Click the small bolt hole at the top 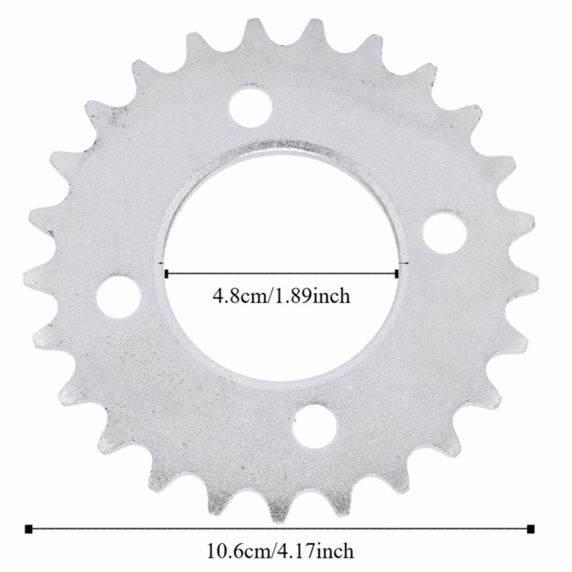coord(251,106)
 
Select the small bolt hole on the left coord(119,296)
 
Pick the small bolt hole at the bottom coord(314,424)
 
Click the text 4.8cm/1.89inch coord(281,297)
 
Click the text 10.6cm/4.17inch coord(280,551)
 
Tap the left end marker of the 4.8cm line coord(166,274)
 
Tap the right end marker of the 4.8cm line coord(397,274)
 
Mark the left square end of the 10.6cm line coord(29,528)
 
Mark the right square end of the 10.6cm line coord(531,528)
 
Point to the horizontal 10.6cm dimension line coord(280,528)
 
